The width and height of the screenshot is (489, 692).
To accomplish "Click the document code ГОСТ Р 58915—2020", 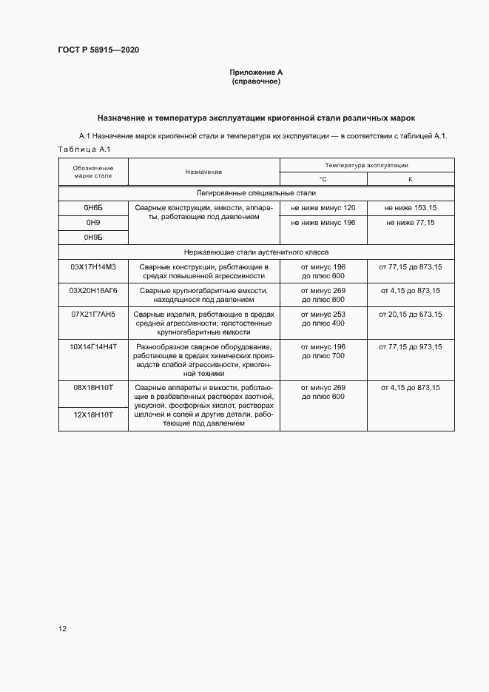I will point(98,50).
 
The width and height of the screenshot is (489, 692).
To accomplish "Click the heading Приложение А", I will point(256,73).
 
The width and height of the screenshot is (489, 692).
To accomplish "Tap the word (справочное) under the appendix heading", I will point(256,81).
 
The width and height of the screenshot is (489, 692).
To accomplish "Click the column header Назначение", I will point(204,172).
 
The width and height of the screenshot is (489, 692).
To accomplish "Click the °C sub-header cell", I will point(323,179).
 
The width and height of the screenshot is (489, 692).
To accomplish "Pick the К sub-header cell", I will point(410,179).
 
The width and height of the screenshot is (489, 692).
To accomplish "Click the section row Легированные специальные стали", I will point(256,192).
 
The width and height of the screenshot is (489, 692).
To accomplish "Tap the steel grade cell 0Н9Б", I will point(93,237).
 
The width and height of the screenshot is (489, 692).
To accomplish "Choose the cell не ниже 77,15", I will point(410,223).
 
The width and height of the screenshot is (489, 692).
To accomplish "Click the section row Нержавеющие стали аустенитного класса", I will point(256,252).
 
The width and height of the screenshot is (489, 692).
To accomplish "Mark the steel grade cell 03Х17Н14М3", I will point(93,266).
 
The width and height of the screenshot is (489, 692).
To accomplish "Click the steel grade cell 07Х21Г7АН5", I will point(93,315).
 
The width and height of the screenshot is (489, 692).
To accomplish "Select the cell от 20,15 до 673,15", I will point(410,315).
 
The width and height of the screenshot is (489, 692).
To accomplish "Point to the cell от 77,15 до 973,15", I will point(410,347).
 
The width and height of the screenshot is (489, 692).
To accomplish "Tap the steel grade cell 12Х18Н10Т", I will point(93,415).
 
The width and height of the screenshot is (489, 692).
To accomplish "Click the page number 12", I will point(63,629).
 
